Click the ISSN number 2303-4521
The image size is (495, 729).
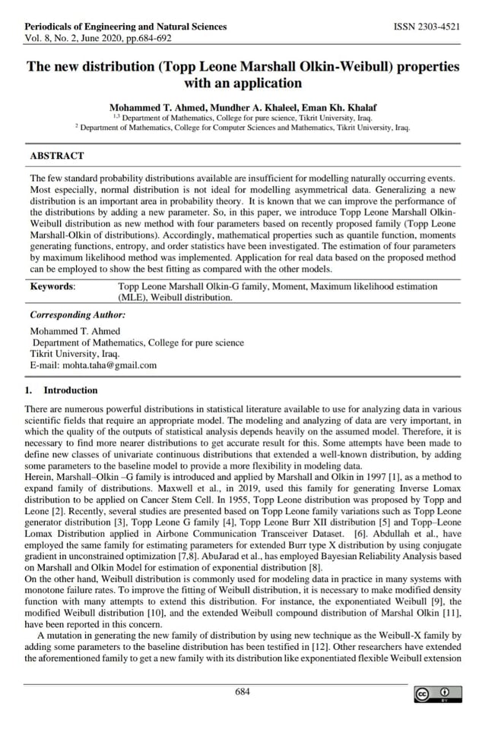tap(426, 27)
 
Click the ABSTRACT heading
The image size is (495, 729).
tap(56, 156)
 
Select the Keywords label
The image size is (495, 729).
tap(52, 287)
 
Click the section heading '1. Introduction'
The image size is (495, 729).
tap(62, 390)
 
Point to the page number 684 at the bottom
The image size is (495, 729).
tap(243, 691)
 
